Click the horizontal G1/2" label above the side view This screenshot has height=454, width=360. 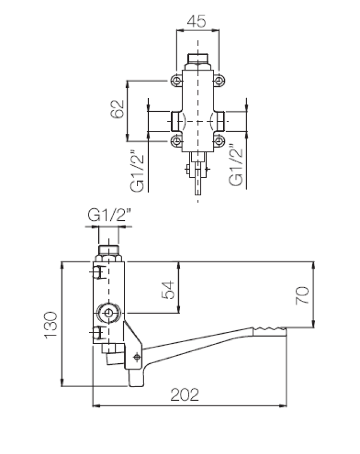(110, 216)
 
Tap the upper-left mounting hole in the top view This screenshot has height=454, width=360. (177, 81)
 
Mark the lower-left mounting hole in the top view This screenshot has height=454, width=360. (177, 140)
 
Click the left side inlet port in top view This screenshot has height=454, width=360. (175, 121)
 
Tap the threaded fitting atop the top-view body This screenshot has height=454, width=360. (197, 58)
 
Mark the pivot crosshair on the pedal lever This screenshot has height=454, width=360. (136, 357)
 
